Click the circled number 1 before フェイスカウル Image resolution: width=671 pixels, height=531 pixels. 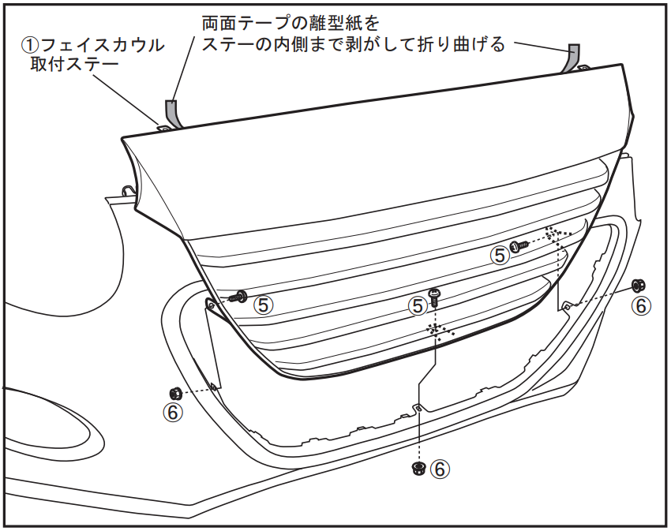click(x=31, y=45)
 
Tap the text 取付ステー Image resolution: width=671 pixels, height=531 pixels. click(x=74, y=65)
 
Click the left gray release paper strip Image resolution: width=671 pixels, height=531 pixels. click(x=173, y=114)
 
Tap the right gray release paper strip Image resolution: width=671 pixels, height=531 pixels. click(x=573, y=57)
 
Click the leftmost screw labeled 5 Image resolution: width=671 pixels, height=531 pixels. click(x=238, y=296)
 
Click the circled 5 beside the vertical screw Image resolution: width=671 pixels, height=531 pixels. click(x=418, y=306)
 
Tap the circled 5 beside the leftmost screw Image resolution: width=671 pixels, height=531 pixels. click(x=263, y=305)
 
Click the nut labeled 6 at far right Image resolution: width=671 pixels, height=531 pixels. click(x=639, y=285)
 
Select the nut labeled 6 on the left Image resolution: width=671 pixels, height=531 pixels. click(x=176, y=392)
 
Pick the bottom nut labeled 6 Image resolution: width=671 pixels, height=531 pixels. click(x=418, y=468)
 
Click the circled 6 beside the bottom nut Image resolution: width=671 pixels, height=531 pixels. click(x=440, y=469)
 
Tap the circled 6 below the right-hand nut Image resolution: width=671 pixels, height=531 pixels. click(x=641, y=306)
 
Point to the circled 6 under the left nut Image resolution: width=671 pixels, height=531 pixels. click(x=172, y=413)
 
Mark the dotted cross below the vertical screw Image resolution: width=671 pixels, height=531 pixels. click(x=437, y=331)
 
